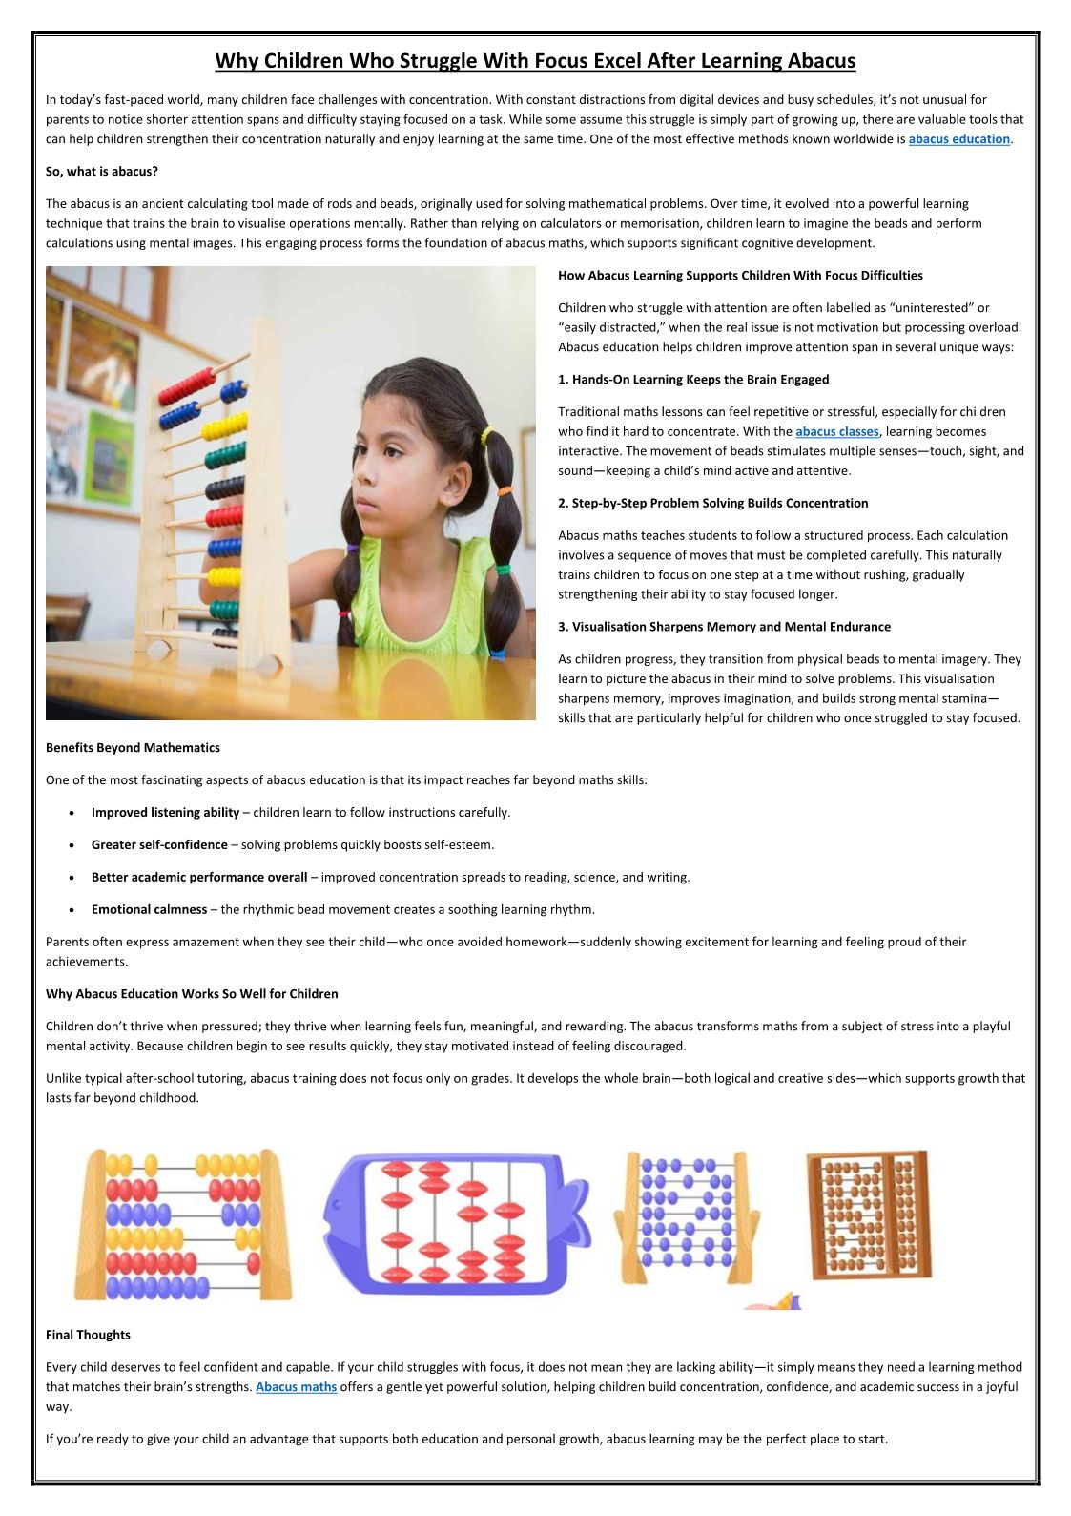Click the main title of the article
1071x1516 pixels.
coord(535,61)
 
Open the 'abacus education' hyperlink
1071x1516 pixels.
coord(958,139)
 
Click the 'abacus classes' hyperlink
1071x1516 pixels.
coord(836,432)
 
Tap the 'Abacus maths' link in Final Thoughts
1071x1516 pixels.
coord(296,1387)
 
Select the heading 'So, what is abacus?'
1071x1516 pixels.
coord(102,172)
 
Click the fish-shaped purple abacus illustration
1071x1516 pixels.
coord(456,1223)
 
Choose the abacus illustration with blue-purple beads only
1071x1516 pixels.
coord(687,1216)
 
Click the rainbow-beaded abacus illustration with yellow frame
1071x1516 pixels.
coord(182,1225)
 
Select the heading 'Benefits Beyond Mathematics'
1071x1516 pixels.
coord(133,748)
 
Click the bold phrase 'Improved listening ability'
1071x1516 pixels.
coord(165,813)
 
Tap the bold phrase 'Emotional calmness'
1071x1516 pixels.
coord(149,910)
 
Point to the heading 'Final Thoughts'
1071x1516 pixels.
coord(88,1335)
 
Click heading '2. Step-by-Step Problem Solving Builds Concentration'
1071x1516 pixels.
coord(712,504)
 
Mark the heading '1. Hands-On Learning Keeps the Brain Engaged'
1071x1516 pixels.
coord(693,380)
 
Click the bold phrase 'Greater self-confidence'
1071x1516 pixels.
coord(159,845)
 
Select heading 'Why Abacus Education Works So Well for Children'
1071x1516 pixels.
coord(192,994)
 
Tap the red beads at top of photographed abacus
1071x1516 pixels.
coord(188,386)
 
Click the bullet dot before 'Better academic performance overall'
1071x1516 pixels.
coord(73,878)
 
